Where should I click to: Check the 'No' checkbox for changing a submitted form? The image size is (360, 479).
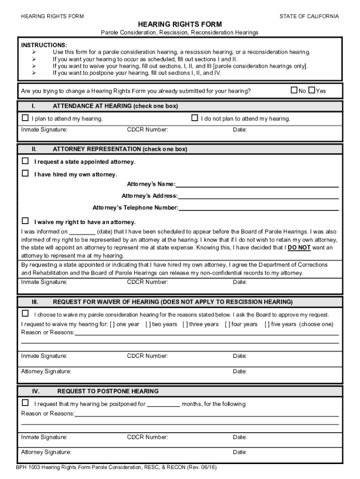294,90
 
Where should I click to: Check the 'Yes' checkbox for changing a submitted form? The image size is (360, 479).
312,90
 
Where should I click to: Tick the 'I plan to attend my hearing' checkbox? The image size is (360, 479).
25,118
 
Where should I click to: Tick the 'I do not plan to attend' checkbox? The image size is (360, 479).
195,118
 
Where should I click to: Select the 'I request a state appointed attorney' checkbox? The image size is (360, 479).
25,161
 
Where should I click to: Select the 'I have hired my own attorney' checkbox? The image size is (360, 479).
25,174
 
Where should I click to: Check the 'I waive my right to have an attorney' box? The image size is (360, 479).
25,221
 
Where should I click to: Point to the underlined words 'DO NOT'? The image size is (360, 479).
299,247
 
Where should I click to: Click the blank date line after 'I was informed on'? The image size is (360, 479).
83,232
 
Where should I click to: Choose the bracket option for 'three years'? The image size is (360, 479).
184,324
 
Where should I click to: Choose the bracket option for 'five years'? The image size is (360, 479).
267,324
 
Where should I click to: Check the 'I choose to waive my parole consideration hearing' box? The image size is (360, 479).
25,313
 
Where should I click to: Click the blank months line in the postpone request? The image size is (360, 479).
164,405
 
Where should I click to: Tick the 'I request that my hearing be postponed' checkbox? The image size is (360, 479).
25,403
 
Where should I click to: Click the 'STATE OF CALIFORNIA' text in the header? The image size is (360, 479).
309,16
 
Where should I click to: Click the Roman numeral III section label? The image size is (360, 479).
35,302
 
